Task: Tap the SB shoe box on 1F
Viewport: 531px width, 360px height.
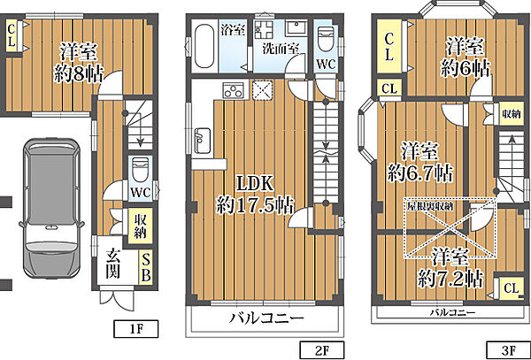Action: click(146, 266)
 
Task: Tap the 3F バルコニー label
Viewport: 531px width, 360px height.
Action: click(452, 313)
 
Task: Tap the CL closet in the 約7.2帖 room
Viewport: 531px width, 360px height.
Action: click(510, 287)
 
